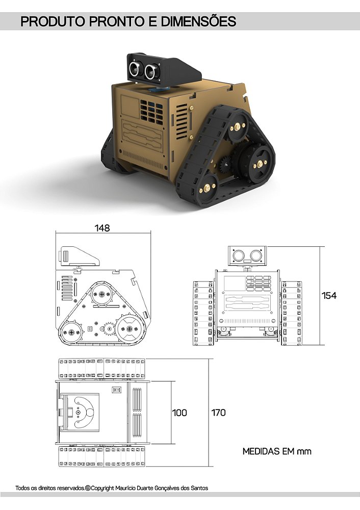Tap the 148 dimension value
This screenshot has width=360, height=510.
pyautogui.click(x=102, y=228)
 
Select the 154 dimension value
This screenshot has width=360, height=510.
pyautogui.click(x=329, y=295)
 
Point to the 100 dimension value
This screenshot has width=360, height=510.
pyautogui.click(x=179, y=413)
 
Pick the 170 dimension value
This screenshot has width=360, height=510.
pyautogui.click(x=219, y=413)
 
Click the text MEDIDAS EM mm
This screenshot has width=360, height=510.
pyautogui.click(x=276, y=451)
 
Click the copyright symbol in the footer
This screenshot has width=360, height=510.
pyautogui.click(x=88, y=488)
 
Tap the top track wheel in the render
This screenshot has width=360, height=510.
pyautogui.click(x=238, y=123)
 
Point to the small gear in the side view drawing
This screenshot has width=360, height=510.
pyautogui.click(x=108, y=328)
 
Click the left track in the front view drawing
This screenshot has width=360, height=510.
pyautogui.click(x=203, y=312)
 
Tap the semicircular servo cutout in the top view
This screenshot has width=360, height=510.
pyautogui.click(x=82, y=411)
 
